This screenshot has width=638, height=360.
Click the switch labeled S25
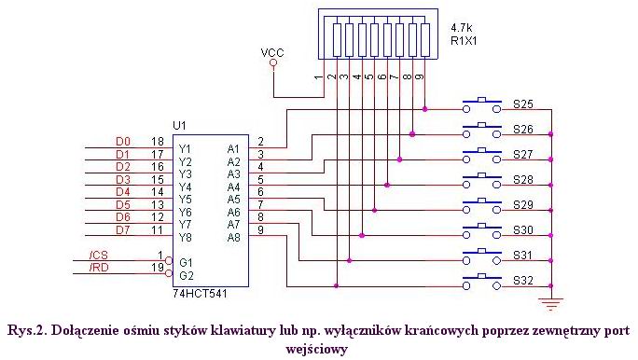[483, 104]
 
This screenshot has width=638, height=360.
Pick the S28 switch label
[522, 178]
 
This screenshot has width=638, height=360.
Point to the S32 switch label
[522, 280]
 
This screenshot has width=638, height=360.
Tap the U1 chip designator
[179, 124]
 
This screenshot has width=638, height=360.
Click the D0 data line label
[97, 142]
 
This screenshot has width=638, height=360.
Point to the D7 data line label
[97, 230]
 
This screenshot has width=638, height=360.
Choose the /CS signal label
[97, 256]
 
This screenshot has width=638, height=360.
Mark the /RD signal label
[97, 270]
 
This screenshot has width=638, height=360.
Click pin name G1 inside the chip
[187, 262]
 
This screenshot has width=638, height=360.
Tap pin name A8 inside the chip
[234, 237]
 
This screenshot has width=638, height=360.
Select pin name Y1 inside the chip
[186, 148]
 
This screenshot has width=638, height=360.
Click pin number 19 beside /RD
[157, 269]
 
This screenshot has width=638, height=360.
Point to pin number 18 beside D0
[157, 141]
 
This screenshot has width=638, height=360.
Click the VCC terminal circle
[273, 64]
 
